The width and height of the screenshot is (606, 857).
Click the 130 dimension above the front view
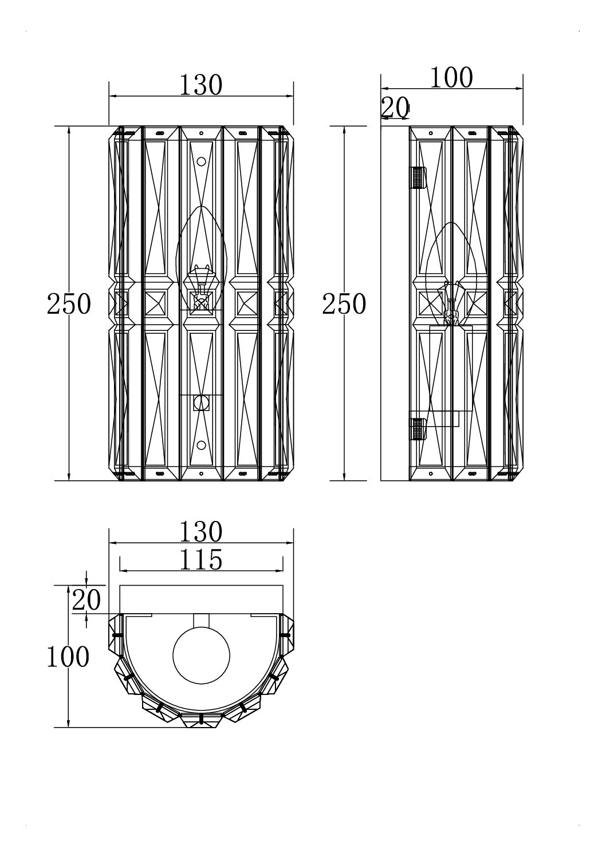tap(200, 85)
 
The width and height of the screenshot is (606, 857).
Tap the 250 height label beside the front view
tap(69, 304)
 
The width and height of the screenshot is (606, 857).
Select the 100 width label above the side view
tap(452, 78)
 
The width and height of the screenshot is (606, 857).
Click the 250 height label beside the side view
tap(344, 304)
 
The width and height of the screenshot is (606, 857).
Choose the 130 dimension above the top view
tap(200, 532)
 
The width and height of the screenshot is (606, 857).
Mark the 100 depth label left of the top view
tap(68, 657)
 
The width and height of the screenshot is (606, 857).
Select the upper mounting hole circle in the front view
tap(202, 161)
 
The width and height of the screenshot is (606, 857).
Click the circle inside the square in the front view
tap(202, 402)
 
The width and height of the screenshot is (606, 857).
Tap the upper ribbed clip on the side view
tap(418, 177)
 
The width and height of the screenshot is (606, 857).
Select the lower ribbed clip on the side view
tap(418, 429)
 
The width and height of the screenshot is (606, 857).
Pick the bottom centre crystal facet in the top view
tap(201, 720)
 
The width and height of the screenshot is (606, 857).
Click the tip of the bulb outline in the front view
tap(202, 206)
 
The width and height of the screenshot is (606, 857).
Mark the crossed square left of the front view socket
tap(155, 303)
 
